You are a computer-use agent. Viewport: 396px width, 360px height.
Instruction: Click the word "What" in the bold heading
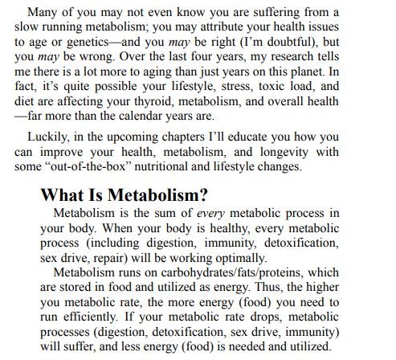[61, 195]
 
